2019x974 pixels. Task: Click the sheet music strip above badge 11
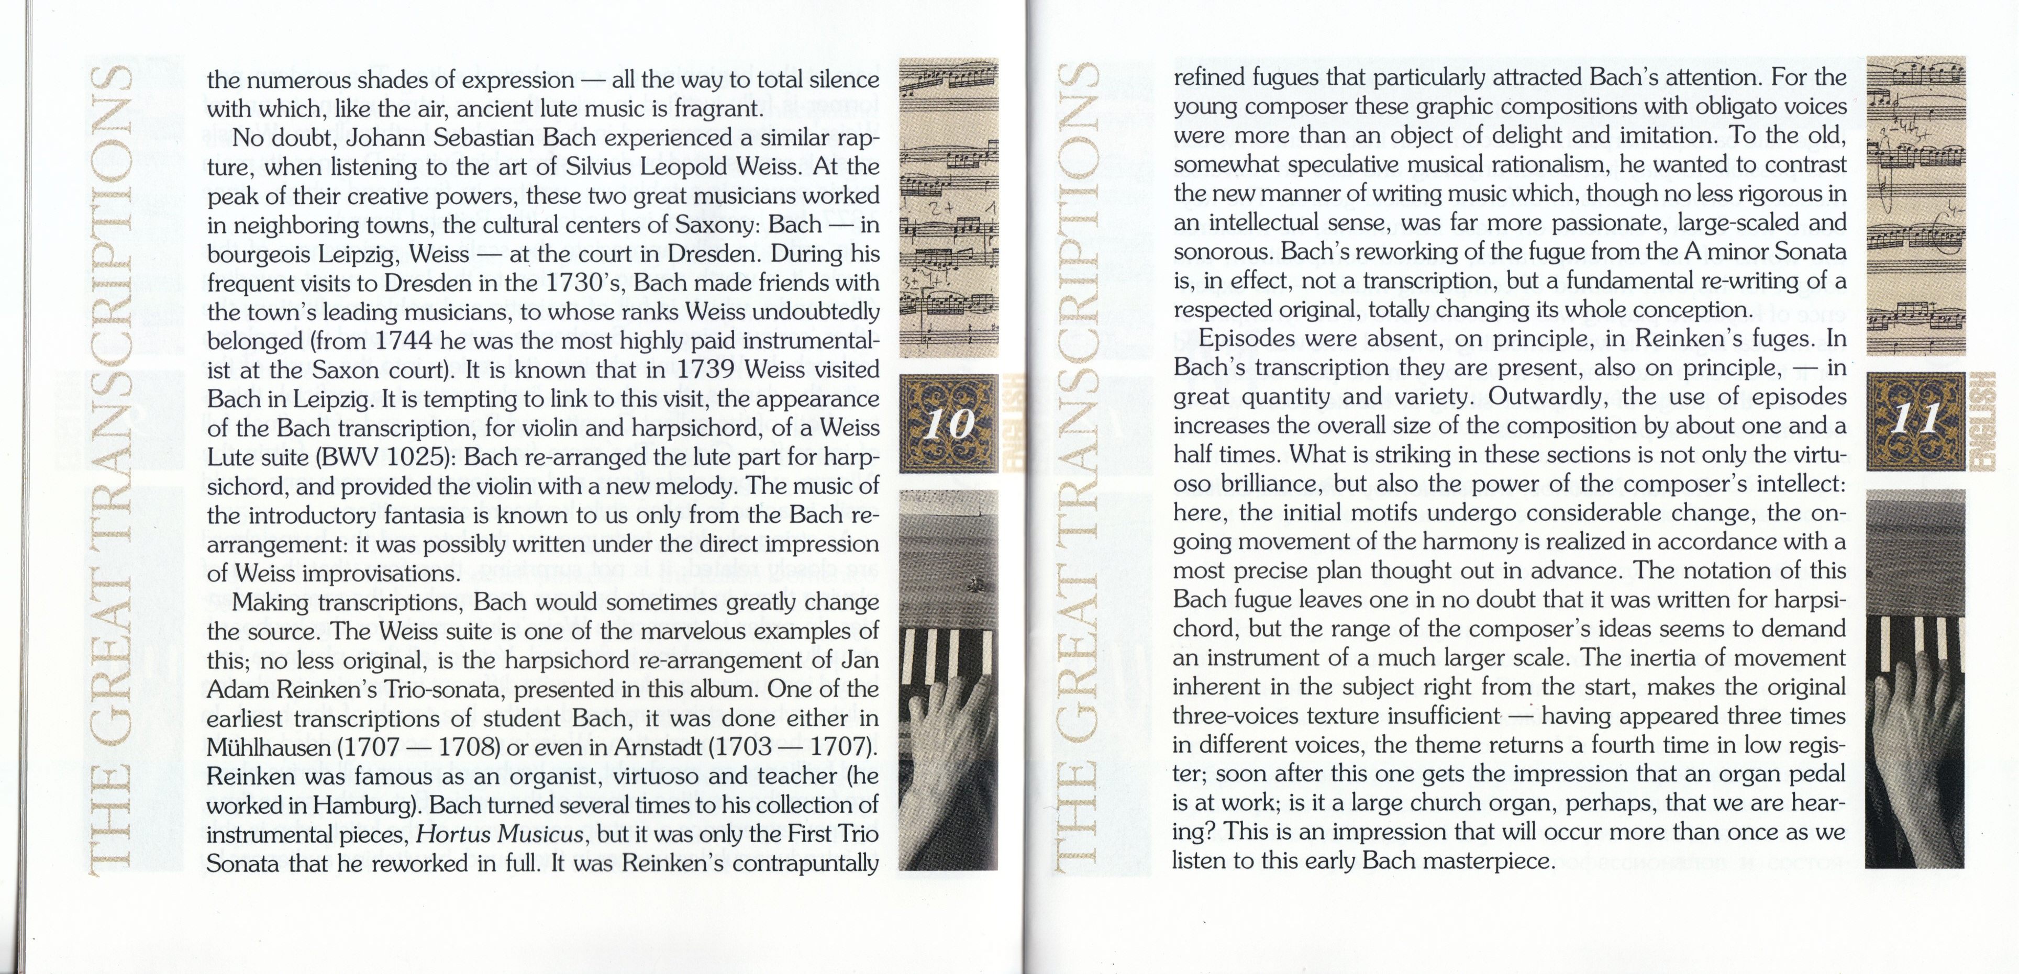[1915, 205]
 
